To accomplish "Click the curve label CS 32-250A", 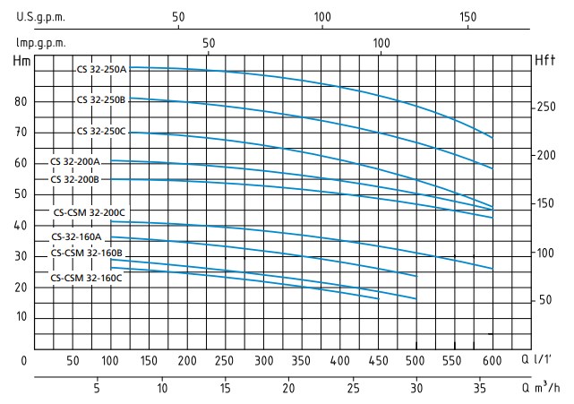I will (102, 69).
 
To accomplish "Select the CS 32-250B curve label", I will (102, 99).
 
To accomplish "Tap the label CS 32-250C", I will (102, 132).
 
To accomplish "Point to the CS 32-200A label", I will (75, 162).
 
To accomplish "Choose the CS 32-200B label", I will (75, 179).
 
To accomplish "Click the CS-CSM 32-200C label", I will (90, 212).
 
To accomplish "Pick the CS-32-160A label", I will (77, 237).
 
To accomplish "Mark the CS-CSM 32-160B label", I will (87, 254).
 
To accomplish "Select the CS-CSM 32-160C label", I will (87, 279).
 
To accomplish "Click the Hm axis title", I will (21, 61).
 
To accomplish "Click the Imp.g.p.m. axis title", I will (41, 42).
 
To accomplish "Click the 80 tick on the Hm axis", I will (21, 101).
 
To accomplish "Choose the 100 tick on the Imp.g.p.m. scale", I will (381, 42).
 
